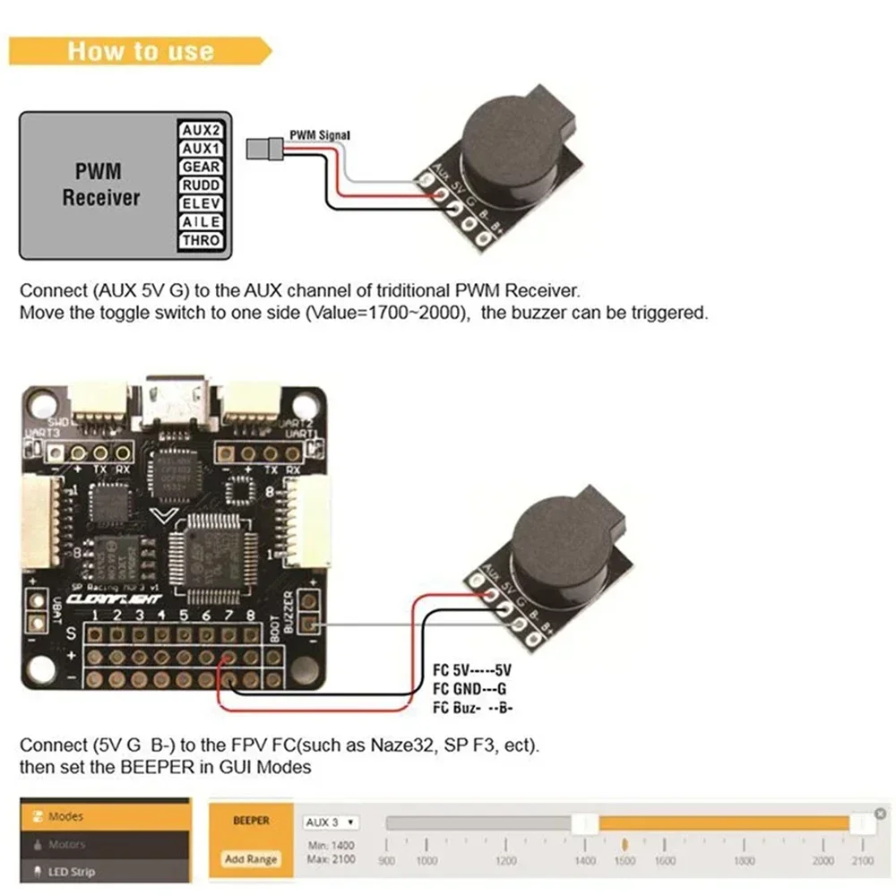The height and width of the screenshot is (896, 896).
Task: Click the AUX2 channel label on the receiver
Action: (201, 129)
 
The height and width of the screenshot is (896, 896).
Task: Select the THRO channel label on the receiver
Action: (201, 241)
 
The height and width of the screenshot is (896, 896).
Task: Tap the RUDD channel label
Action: (201, 185)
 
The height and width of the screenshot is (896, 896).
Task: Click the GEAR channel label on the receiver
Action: (201, 167)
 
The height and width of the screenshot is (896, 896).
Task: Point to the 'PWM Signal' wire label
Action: (319, 135)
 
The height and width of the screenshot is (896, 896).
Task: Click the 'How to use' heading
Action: (141, 50)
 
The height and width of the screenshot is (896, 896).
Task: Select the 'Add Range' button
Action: (251, 859)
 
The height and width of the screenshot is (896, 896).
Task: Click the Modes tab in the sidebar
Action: (65, 816)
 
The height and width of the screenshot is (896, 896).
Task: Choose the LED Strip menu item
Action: (71, 871)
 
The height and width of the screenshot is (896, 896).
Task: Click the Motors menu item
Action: (65, 844)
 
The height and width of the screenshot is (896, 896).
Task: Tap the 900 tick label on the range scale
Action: (387, 861)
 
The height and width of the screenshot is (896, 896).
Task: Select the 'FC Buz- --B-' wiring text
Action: (472, 708)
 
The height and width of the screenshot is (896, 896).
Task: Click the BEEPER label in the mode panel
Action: (251, 821)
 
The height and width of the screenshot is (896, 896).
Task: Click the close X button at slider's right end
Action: (881, 814)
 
